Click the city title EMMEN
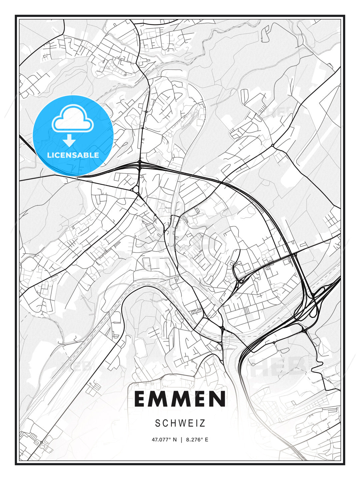(x=180, y=399)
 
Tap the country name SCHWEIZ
(x=180, y=423)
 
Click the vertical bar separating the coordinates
(x=181, y=440)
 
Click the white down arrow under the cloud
(x=69, y=140)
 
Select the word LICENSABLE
(x=73, y=155)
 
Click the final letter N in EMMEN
(x=218, y=399)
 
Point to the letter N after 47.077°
(x=175, y=440)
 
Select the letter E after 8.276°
(x=206, y=440)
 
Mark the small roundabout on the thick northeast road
(x=273, y=146)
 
